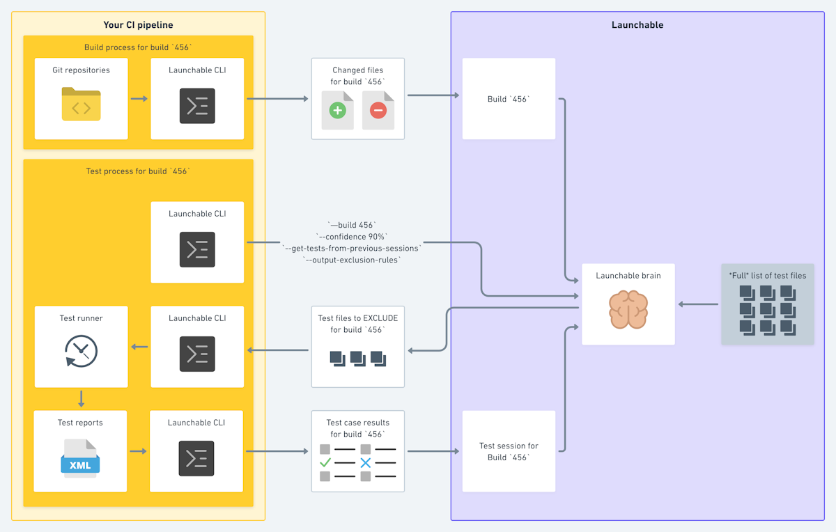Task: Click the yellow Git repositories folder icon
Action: pyautogui.click(x=81, y=104)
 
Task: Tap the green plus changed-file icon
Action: pyautogui.click(x=337, y=110)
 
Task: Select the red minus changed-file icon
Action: pyautogui.click(x=378, y=110)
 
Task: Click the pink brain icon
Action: pyautogui.click(x=628, y=310)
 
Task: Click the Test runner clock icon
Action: pyautogui.click(x=81, y=350)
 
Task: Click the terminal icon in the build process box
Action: pyautogui.click(x=197, y=106)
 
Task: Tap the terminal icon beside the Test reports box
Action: pyautogui.click(x=196, y=458)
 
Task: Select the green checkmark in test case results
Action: pyautogui.click(x=325, y=462)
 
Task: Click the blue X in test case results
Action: pyautogui.click(x=366, y=462)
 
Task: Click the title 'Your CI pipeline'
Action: pyautogui.click(x=138, y=25)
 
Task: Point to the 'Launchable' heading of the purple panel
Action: pyautogui.click(x=637, y=25)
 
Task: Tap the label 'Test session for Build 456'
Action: pyautogui.click(x=509, y=451)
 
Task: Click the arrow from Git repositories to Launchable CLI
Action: pyautogui.click(x=139, y=99)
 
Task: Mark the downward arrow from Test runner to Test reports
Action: pyautogui.click(x=82, y=399)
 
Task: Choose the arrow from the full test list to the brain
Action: pyautogui.click(x=698, y=304)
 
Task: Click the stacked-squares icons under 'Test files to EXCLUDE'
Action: pyautogui.click(x=357, y=359)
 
